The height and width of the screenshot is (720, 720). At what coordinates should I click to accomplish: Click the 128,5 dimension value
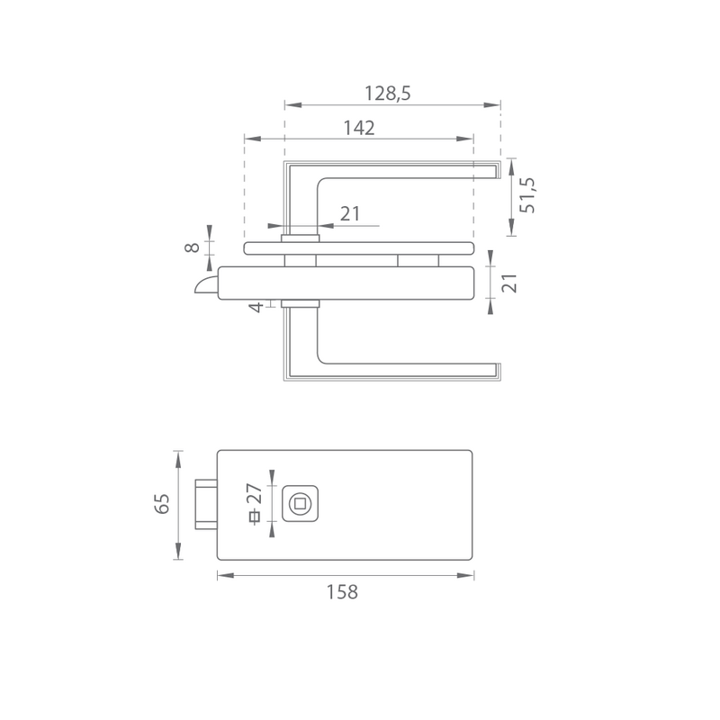pyautogui.click(x=388, y=94)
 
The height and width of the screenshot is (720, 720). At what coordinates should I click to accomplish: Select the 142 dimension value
pyautogui.click(x=359, y=128)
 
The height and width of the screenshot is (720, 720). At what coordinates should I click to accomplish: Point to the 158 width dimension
pyautogui.click(x=342, y=592)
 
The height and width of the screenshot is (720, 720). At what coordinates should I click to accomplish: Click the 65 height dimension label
pyautogui.click(x=162, y=504)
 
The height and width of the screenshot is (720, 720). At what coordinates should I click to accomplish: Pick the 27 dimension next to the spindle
pyautogui.click(x=254, y=493)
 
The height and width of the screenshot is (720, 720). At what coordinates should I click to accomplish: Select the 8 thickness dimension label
pyautogui.click(x=192, y=247)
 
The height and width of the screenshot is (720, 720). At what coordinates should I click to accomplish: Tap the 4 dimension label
pyautogui.click(x=256, y=307)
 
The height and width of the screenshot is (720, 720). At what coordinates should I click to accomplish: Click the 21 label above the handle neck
pyautogui.click(x=350, y=214)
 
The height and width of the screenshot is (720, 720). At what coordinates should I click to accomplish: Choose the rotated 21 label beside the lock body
pyautogui.click(x=509, y=283)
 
